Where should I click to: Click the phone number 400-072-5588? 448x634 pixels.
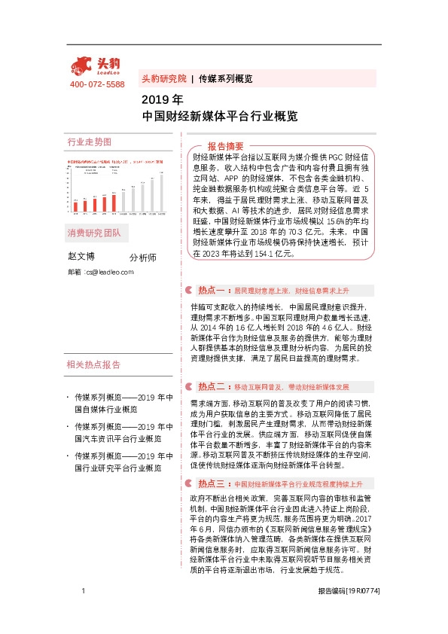pos(97,84)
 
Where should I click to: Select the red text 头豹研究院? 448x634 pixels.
pos(163,78)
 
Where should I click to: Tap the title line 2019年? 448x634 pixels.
pos(162,99)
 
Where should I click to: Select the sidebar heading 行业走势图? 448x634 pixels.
pos(89,142)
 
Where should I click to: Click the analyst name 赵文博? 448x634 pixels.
pos(84,257)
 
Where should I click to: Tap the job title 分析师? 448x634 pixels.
pos(143,258)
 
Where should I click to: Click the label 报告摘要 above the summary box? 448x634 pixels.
pos(225,145)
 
